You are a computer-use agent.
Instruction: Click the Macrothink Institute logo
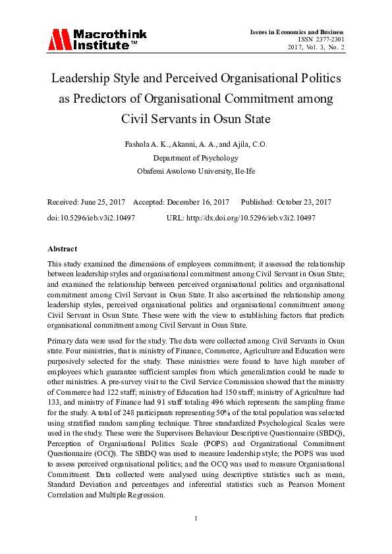point(97,39)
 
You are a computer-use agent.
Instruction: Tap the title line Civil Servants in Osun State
point(196,120)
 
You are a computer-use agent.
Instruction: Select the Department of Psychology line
point(196,158)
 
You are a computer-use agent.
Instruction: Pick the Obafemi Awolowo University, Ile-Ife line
point(196,171)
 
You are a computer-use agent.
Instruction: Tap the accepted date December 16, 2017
point(200,202)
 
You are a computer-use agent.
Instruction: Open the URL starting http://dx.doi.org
point(255,216)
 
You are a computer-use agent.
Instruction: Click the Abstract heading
point(62,249)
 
